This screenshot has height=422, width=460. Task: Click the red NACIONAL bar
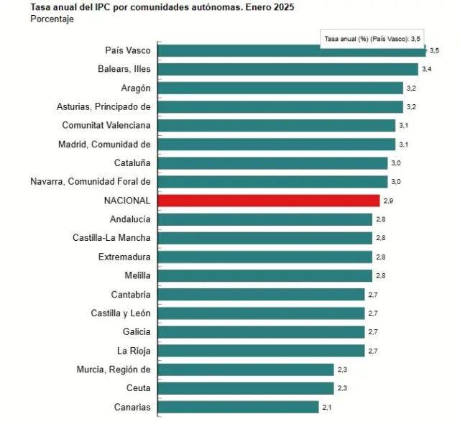point(268,201)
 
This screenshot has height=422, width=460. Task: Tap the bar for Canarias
point(238,407)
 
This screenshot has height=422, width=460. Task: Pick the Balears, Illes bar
point(287,69)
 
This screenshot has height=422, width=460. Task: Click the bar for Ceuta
point(246,388)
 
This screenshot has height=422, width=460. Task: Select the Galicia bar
point(261,332)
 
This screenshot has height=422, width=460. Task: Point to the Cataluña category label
point(132,163)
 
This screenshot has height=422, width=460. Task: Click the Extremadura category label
point(124,257)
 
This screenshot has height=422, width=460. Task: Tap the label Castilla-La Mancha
point(111,238)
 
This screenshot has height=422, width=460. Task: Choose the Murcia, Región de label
point(114,370)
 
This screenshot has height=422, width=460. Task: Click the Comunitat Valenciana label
point(106,125)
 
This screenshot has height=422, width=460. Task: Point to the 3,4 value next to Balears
point(426,70)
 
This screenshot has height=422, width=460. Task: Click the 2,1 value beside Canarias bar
point(327,408)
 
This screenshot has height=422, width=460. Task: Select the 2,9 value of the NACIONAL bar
point(388,201)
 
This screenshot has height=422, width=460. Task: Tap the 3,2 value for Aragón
point(411,88)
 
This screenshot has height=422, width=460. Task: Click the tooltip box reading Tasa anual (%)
point(372,38)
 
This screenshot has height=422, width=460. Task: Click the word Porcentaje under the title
point(52,19)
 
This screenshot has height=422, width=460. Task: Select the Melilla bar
point(264,275)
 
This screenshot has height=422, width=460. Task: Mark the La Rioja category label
point(134,351)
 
